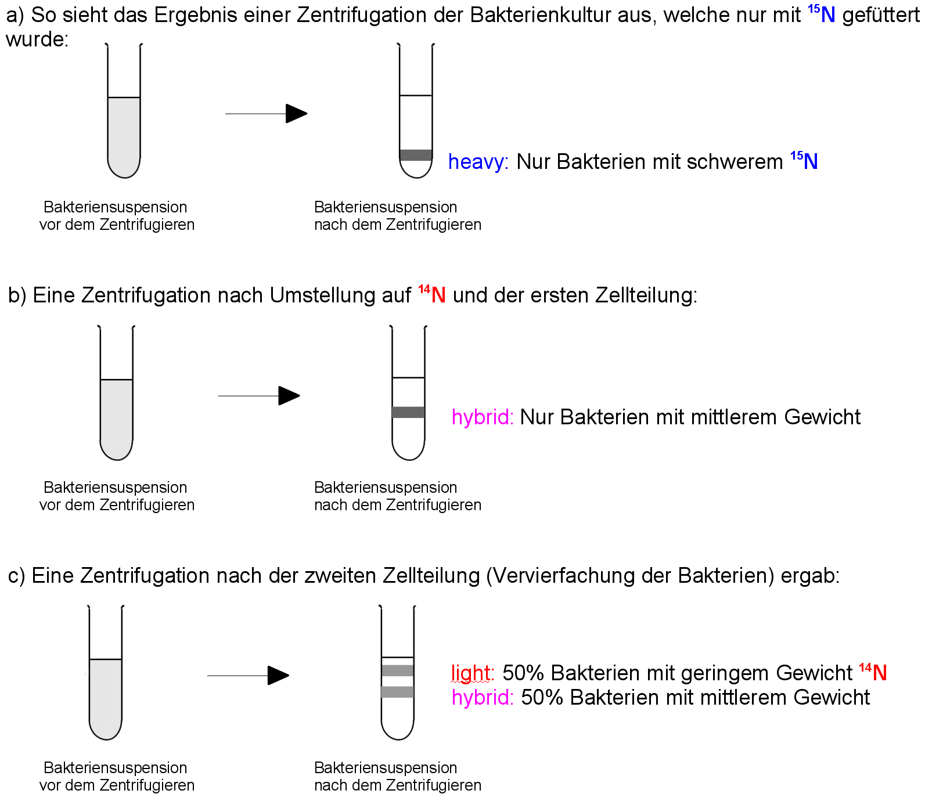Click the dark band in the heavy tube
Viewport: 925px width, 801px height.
click(416, 155)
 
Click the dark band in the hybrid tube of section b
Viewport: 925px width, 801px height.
click(408, 413)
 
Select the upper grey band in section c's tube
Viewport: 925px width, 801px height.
click(398, 670)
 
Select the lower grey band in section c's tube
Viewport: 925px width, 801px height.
click(398, 692)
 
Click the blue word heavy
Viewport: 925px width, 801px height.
click(478, 162)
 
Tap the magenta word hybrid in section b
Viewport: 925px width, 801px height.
click(483, 418)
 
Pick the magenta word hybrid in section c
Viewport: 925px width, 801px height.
click(483, 698)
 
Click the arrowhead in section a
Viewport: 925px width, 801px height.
click(296, 114)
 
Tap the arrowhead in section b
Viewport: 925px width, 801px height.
click(289, 396)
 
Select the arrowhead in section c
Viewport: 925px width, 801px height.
click(278, 676)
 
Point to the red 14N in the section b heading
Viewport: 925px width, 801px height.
click(432, 294)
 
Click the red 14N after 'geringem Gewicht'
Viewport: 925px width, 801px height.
click(873, 672)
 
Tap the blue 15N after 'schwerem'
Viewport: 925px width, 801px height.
click(804, 160)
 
